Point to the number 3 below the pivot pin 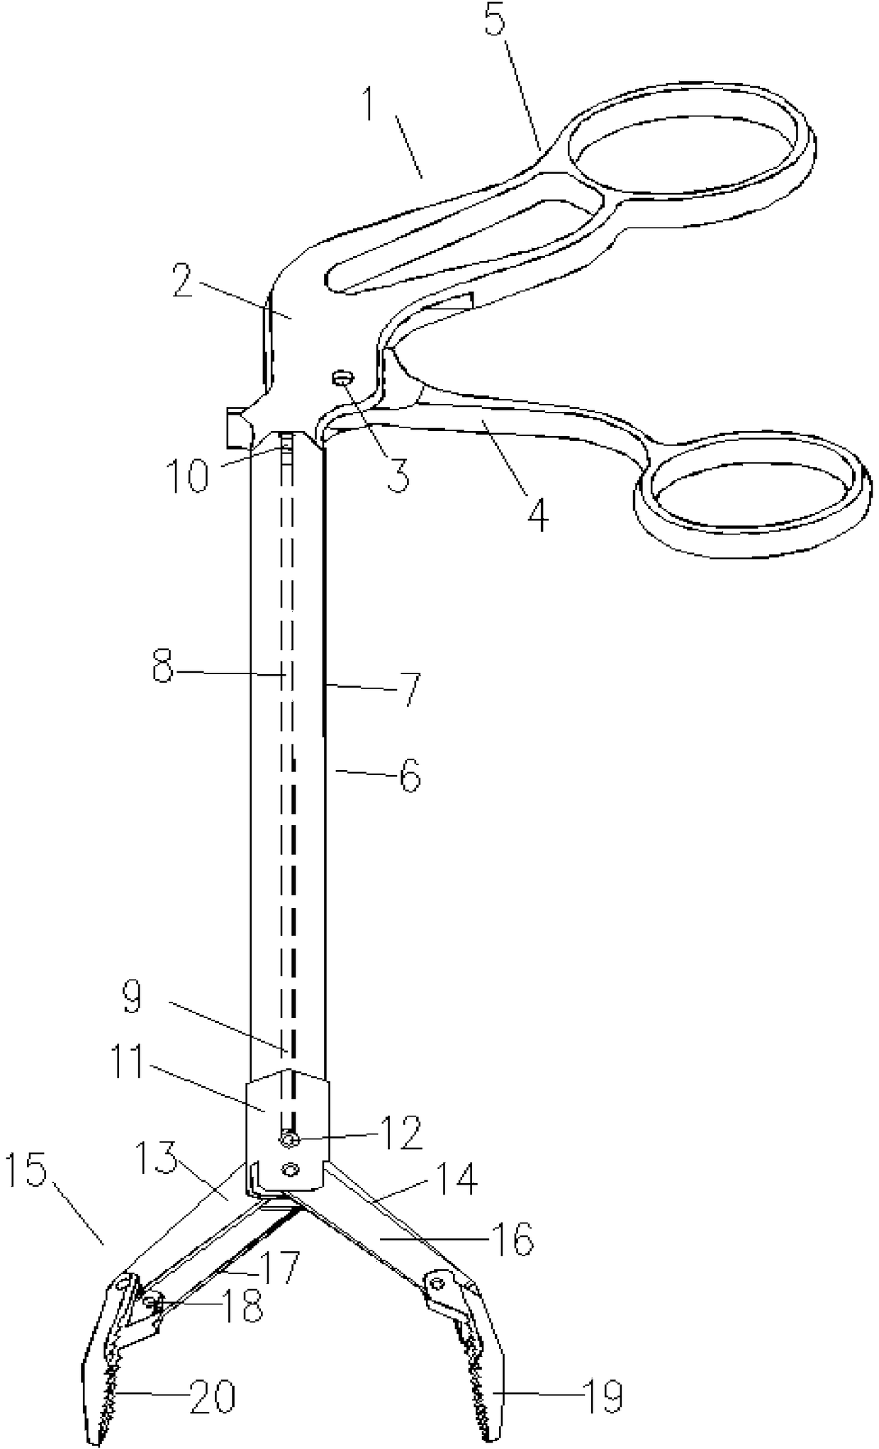[x=398, y=473]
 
